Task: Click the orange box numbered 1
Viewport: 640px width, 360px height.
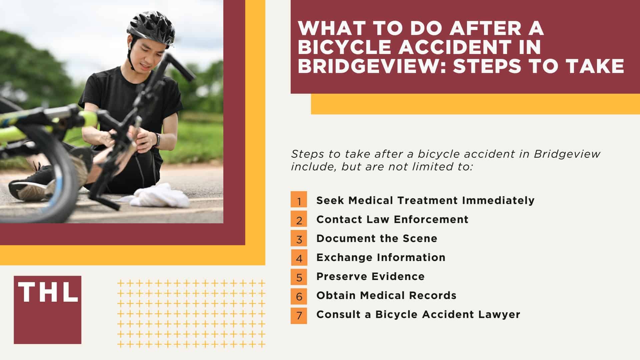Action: pos(299,200)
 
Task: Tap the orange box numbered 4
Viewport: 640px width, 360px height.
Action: pos(299,257)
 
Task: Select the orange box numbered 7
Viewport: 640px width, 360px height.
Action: pos(299,315)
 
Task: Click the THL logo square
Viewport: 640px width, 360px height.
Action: pos(48,310)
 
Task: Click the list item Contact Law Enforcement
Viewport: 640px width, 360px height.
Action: pos(392,219)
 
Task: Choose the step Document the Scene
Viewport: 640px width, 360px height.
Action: pos(377,238)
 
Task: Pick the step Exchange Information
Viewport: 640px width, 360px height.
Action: pos(381,257)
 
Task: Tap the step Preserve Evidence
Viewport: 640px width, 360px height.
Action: pos(370,276)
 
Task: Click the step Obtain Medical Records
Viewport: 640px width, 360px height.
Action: pos(386,295)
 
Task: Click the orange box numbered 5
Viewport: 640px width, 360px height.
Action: pos(299,277)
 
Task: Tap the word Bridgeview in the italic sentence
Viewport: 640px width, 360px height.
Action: pos(567,154)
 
